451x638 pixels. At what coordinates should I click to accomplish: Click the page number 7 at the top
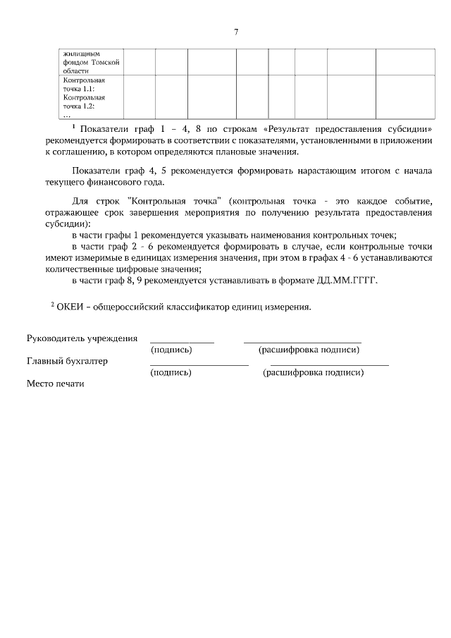[237, 32]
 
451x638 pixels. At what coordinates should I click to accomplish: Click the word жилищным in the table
[82, 53]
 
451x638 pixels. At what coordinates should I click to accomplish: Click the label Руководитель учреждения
[82, 338]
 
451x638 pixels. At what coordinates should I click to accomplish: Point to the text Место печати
[55, 384]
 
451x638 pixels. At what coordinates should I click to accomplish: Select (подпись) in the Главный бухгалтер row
[171, 373]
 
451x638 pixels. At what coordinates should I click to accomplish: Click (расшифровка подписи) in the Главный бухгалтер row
[313, 373]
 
